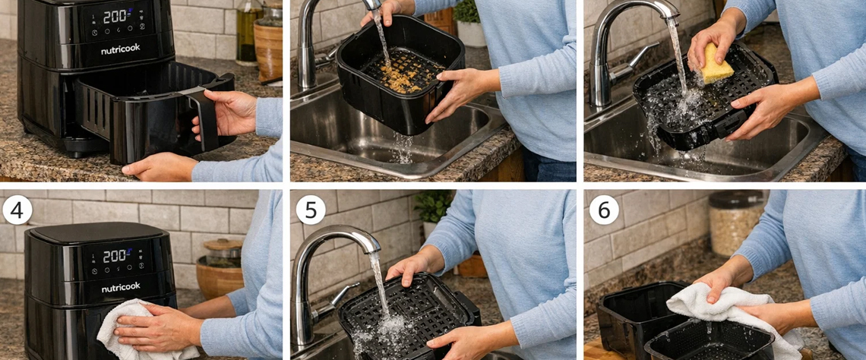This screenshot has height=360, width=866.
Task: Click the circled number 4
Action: coord(17,210)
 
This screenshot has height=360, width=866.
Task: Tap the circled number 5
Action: coord(311,210)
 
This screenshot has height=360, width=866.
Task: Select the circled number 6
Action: coord(604,210)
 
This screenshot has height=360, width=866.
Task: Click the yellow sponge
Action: coord(716,65)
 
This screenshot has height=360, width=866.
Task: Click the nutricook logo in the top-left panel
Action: coord(120,49)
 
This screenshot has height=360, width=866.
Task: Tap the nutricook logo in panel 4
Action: coord(120,288)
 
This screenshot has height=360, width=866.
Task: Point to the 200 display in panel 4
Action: coord(115,256)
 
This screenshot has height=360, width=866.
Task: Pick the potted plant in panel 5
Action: coord(433,213)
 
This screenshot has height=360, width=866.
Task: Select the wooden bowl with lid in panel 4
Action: coord(220,268)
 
